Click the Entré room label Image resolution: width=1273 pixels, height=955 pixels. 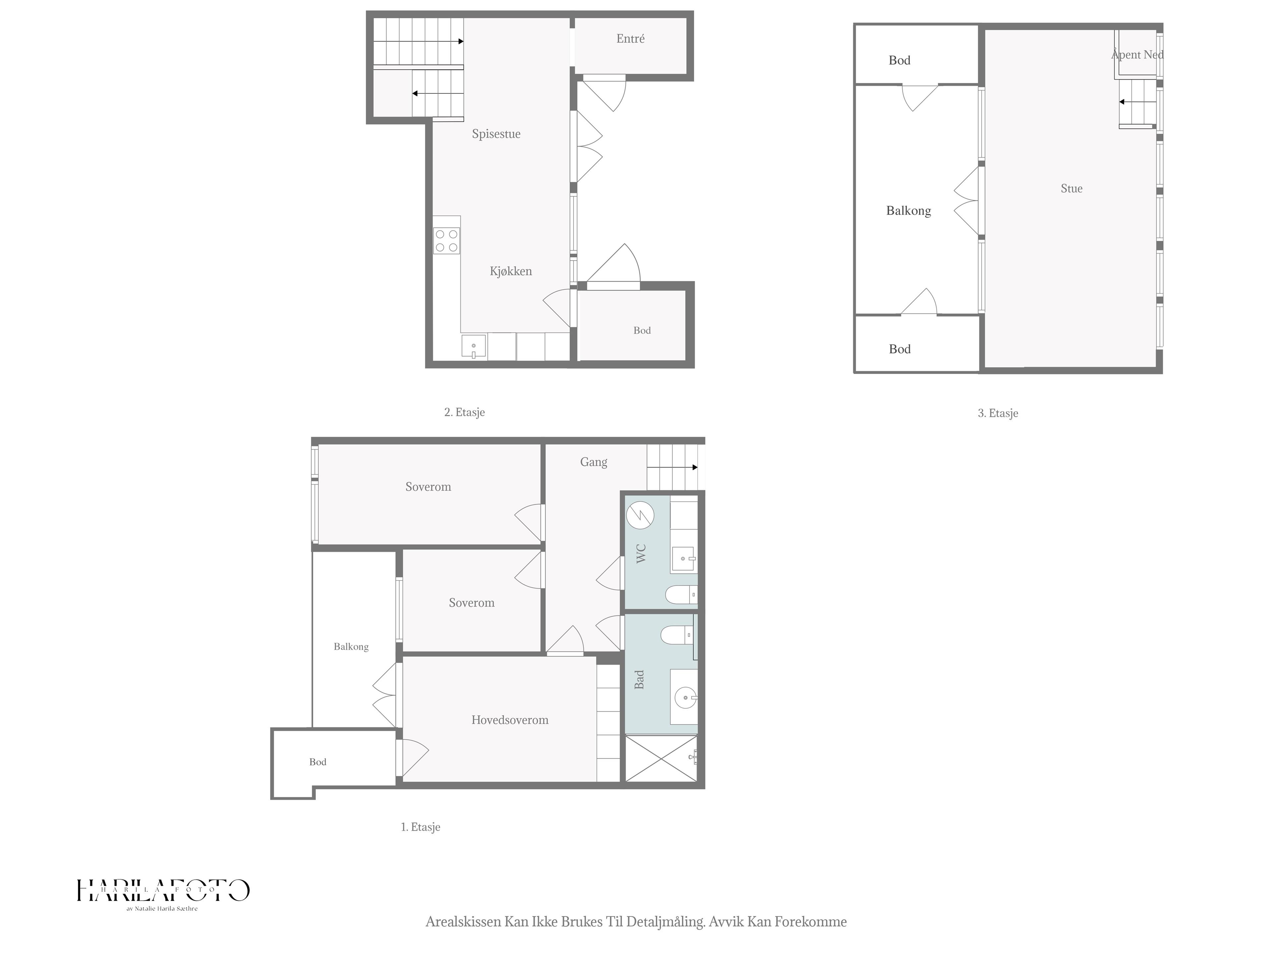coord(630,38)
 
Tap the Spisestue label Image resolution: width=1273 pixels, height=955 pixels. coord(496,134)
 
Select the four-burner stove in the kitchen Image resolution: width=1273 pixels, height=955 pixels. coord(447,241)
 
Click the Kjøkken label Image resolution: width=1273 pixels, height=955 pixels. coord(511,271)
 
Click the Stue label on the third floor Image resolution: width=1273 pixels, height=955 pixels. coord(1071,188)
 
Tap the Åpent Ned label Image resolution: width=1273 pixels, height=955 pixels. coord(1137,55)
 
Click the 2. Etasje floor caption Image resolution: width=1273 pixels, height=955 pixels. coord(464,412)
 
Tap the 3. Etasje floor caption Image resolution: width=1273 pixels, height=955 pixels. coord(998,413)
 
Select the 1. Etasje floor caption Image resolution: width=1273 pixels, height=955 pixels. coord(421,827)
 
